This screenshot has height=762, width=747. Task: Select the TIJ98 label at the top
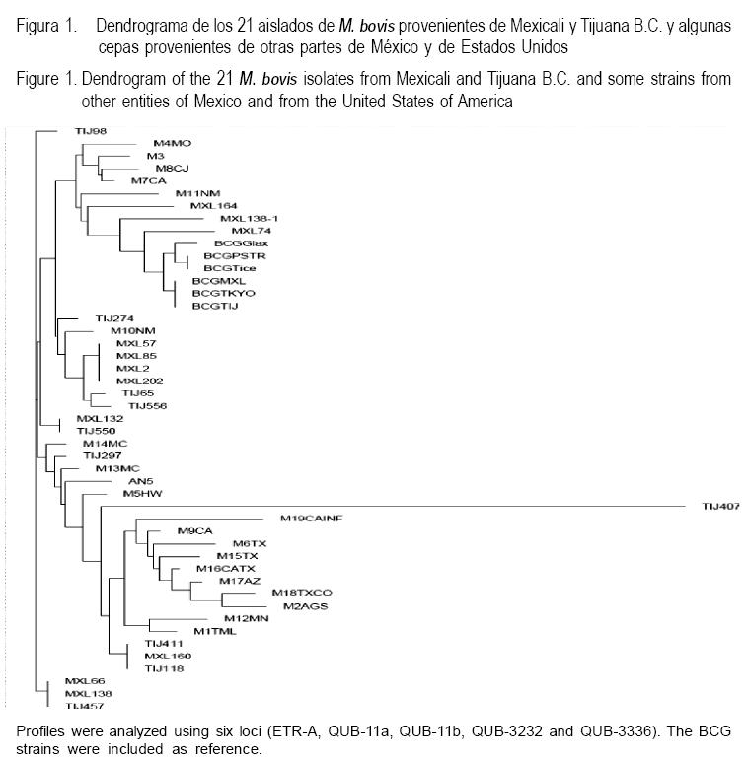coord(91,130)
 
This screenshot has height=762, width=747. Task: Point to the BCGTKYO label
coord(219,293)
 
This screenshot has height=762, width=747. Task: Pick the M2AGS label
coord(305,606)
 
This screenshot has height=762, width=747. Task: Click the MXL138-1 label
coord(243,218)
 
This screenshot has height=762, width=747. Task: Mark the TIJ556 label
coord(147,405)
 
